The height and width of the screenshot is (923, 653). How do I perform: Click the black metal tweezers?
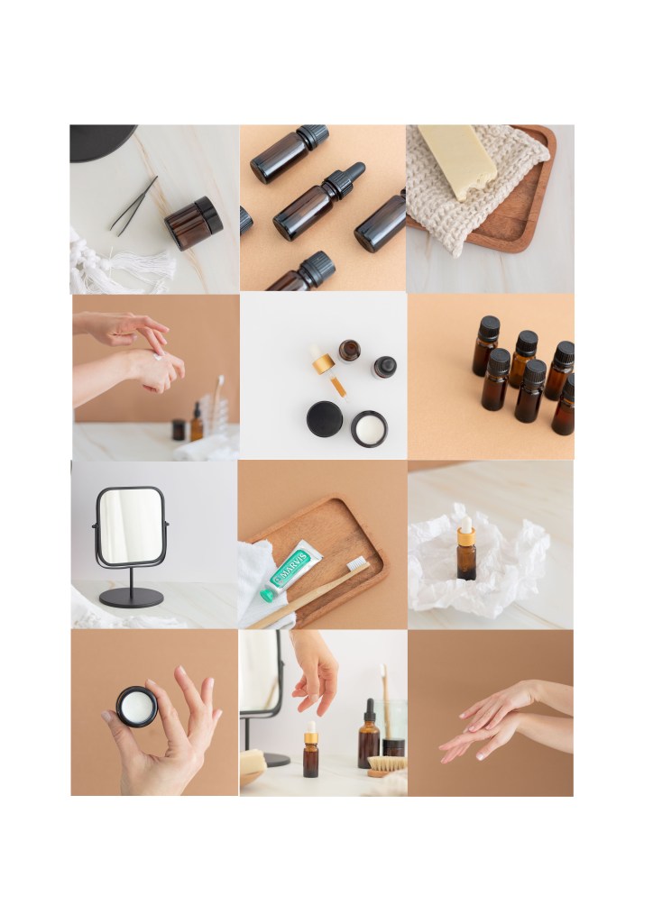pos(133,206)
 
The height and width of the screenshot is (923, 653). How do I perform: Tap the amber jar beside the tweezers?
pos(194,224)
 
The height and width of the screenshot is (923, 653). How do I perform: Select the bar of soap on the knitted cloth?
pos(458,160)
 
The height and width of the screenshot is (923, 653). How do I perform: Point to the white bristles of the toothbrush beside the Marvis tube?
pos(355,563)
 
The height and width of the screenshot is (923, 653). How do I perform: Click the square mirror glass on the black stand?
pos(130,526)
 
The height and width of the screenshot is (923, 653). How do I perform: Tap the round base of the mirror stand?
pos(131,598)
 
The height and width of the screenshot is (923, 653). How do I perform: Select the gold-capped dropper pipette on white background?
pos(327,370)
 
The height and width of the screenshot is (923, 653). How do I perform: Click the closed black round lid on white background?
pos(325,419)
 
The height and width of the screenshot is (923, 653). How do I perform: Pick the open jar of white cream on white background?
pos(369,428)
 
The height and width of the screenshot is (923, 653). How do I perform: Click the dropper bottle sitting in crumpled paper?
pos(466,549)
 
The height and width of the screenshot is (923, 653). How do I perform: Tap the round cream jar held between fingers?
pos(136,707)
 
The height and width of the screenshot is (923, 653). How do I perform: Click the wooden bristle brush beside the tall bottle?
pos(386,765)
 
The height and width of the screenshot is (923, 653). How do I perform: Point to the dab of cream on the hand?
pos(158,355)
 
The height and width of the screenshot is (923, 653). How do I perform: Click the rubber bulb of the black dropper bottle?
pos(355,170)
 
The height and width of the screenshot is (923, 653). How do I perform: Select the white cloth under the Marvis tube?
pos(262,584)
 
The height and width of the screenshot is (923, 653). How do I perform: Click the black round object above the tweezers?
pos(102,142)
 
